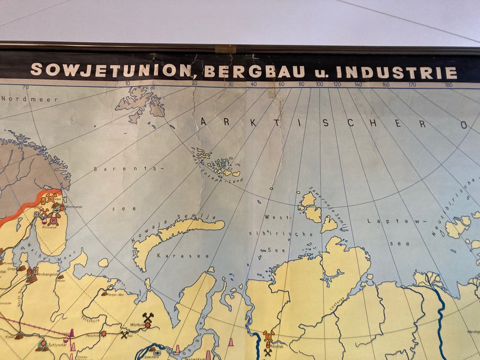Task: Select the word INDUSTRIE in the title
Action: pos(397,73)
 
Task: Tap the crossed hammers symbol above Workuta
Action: pos(148,317)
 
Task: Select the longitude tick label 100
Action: pos(319,84)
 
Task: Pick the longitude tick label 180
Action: pos(449,85)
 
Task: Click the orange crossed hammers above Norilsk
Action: pos(268,335)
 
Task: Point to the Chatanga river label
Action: pos(337,301)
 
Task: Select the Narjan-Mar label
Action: pos(114,294)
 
